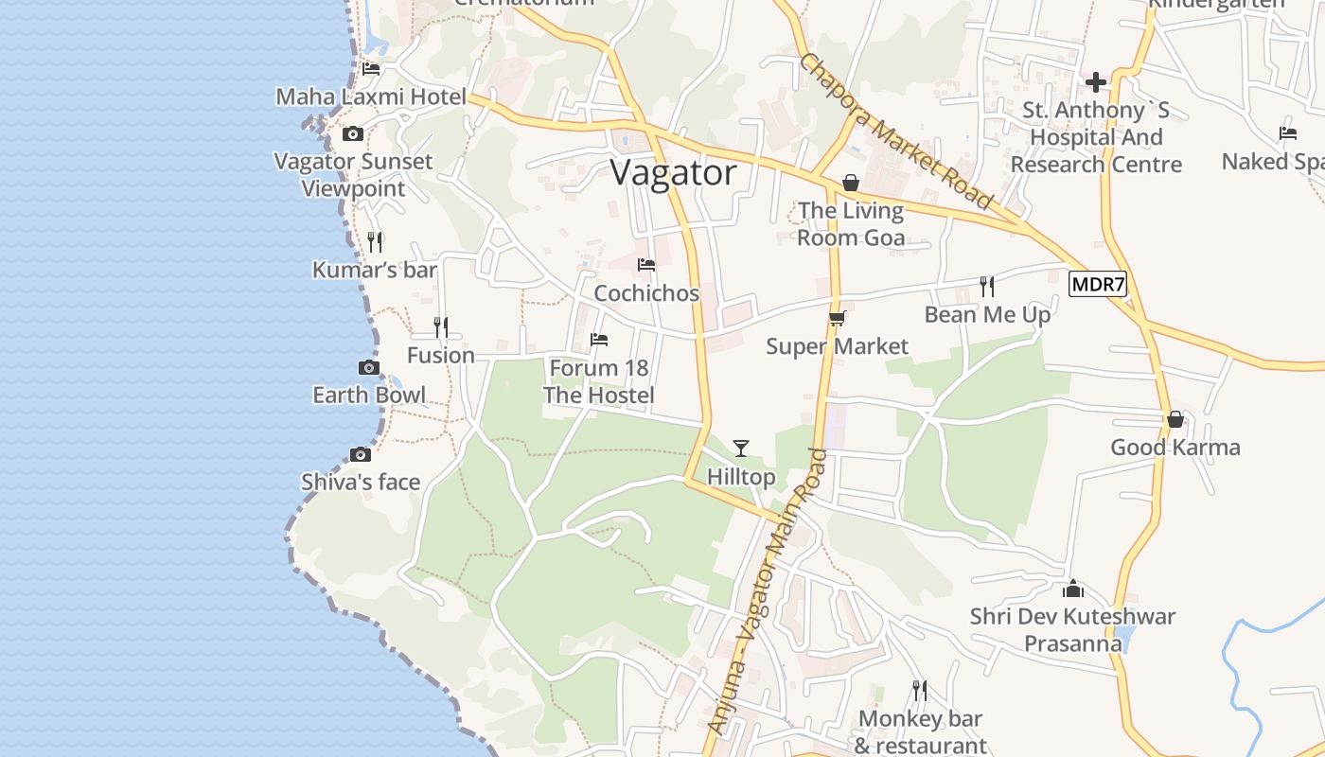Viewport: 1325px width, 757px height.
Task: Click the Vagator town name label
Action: [673, 173]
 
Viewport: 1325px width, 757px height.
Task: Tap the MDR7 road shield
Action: [1098, 284]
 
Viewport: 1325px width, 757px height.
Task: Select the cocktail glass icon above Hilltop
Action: [741, 448]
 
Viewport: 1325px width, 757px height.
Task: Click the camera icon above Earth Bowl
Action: [369, 367]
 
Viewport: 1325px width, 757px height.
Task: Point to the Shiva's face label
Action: [361, 483]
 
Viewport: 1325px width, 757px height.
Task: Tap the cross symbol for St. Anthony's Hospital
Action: [1096, 82]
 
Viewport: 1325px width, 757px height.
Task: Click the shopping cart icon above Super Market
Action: [837, 319]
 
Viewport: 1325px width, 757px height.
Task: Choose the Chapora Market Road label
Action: [894, 131]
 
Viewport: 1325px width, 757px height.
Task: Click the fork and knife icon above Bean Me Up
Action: [987, 286]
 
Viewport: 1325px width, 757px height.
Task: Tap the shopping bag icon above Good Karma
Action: [1175, 418]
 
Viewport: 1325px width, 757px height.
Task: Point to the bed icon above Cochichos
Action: [646, 265]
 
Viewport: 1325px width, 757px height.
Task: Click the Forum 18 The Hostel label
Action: [598, 381]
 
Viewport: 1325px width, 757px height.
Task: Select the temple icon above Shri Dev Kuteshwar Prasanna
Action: [1073, 589]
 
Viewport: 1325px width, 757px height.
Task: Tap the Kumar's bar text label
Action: [375, 271]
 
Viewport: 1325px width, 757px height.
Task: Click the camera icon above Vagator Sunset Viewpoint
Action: [353, 133]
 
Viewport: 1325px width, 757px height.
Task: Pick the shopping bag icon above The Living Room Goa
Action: [851, 182]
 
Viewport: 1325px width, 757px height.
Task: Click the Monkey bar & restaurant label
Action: [920, 732]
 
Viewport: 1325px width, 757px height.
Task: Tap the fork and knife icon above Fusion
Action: [440, 327]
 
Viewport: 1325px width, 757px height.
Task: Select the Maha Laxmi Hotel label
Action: [371, 97]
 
